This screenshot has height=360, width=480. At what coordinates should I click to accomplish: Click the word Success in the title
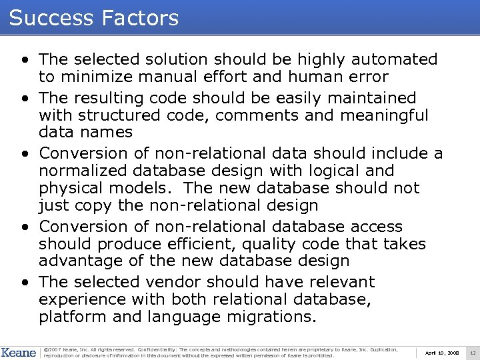(x=53, y=18)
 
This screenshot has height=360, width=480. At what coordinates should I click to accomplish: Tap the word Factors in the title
(x=141, y=18)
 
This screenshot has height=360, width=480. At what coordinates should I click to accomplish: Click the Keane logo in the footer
(x=19, y=352)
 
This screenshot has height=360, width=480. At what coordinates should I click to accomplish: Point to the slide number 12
(x=473, y=353)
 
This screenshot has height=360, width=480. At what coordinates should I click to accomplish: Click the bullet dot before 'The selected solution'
(x=25, y=61)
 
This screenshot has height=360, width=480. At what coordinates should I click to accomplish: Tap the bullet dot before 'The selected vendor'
(x=25, y=283)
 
